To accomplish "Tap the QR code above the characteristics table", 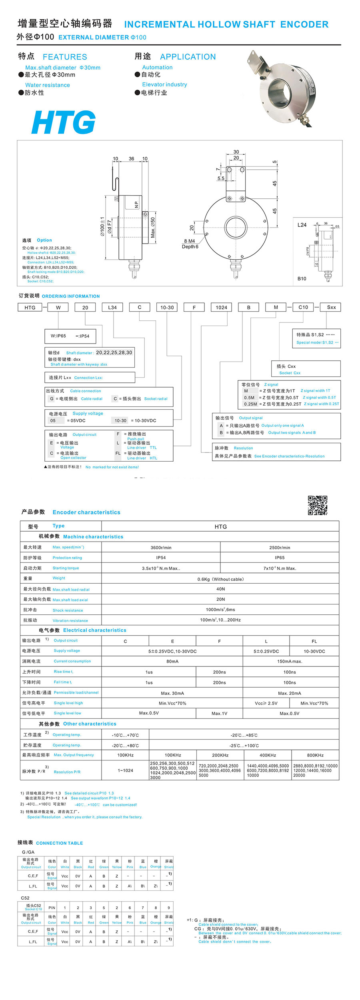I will coord(317,505).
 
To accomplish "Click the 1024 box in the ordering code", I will coord(221,307).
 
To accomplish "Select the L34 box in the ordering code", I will coord(112,307).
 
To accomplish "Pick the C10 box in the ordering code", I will coord(303,307).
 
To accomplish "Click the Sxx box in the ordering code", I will coord(332,307).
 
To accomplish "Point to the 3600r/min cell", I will coord(161,548).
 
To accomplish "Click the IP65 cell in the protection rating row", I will coord(280,558).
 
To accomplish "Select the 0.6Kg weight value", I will coord(220,579).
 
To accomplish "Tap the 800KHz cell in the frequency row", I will coord(315,755).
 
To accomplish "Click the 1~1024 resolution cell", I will coord(125,770).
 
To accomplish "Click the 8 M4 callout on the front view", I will coord(189,241).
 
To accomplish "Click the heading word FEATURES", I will coord(65,57).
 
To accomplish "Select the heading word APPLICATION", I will coord(188,57).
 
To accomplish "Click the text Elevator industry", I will coord(164,84).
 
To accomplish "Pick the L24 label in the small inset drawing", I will coord(302,225).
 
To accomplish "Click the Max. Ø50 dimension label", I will coord(153,228).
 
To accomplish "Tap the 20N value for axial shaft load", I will coord(220,600).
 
